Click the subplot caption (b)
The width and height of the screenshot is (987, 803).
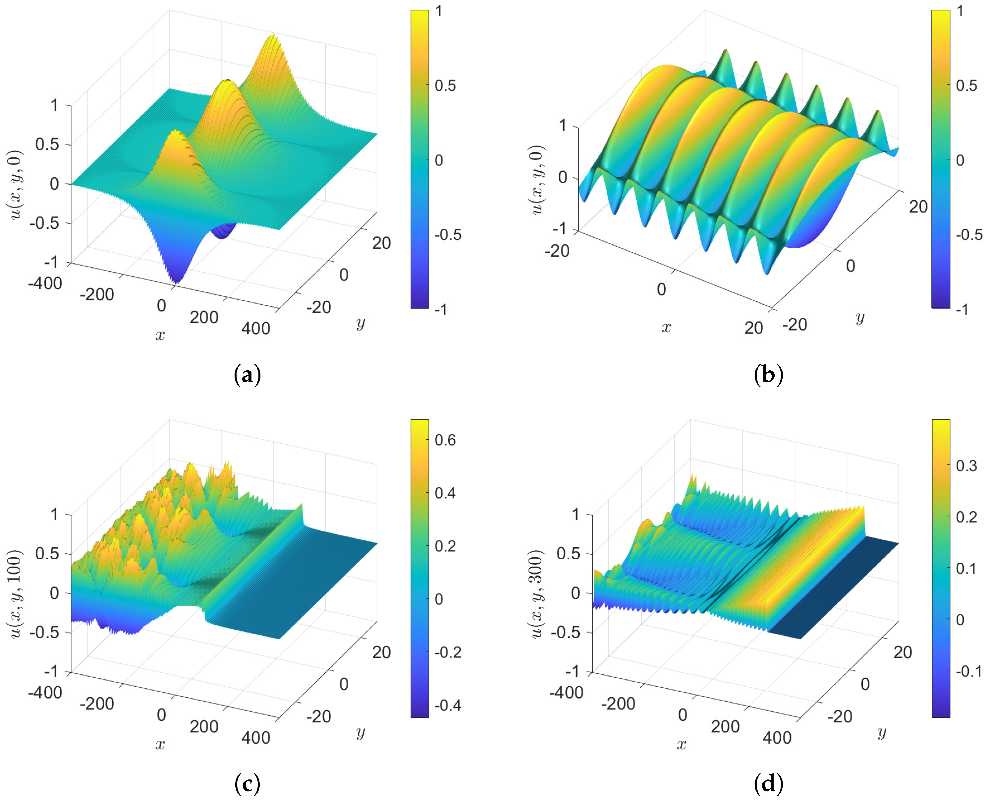(768, 375)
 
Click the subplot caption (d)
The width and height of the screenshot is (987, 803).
(768, 783)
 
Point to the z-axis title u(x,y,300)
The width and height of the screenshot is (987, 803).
(537, 593)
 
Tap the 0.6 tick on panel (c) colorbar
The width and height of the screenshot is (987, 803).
(445, 440)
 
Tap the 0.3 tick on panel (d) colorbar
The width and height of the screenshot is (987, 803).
(966, 466)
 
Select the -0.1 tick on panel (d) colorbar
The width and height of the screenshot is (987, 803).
(968, 671)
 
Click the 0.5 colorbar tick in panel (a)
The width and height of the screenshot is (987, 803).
(445, 86)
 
